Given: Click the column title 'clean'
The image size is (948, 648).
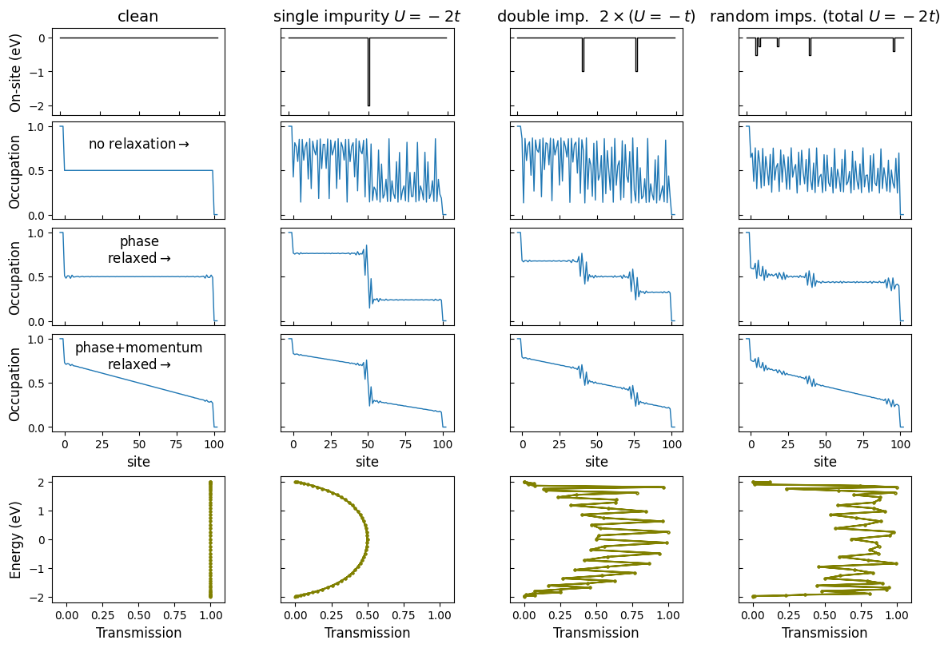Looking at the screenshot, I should (x=138, y=16).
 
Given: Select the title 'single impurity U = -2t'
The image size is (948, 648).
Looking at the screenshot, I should (x=367, y=16).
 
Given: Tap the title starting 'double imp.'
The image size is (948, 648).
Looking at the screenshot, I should (x=595, y=16).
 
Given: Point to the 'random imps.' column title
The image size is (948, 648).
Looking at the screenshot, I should (x=824, y=16).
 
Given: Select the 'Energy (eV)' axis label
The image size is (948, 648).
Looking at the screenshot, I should (x=16, y=539).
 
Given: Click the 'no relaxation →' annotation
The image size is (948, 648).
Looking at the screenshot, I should (x=138, y=145).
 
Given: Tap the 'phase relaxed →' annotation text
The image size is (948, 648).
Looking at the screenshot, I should (x=138, y=250).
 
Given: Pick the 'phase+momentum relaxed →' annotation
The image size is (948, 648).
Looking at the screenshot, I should (x=138, y=356).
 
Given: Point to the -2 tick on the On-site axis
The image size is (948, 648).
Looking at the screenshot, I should (x=40, y=105).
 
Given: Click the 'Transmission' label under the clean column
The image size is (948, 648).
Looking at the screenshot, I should (x=138, y=633).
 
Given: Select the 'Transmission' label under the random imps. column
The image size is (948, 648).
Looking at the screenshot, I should (x=824, y=633).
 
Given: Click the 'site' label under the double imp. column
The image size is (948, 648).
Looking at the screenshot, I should (x=595, y=462).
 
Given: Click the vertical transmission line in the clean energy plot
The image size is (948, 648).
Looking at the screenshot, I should (x=210, y=539).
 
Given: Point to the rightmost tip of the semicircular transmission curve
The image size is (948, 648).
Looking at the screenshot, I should (x=368, y=539).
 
